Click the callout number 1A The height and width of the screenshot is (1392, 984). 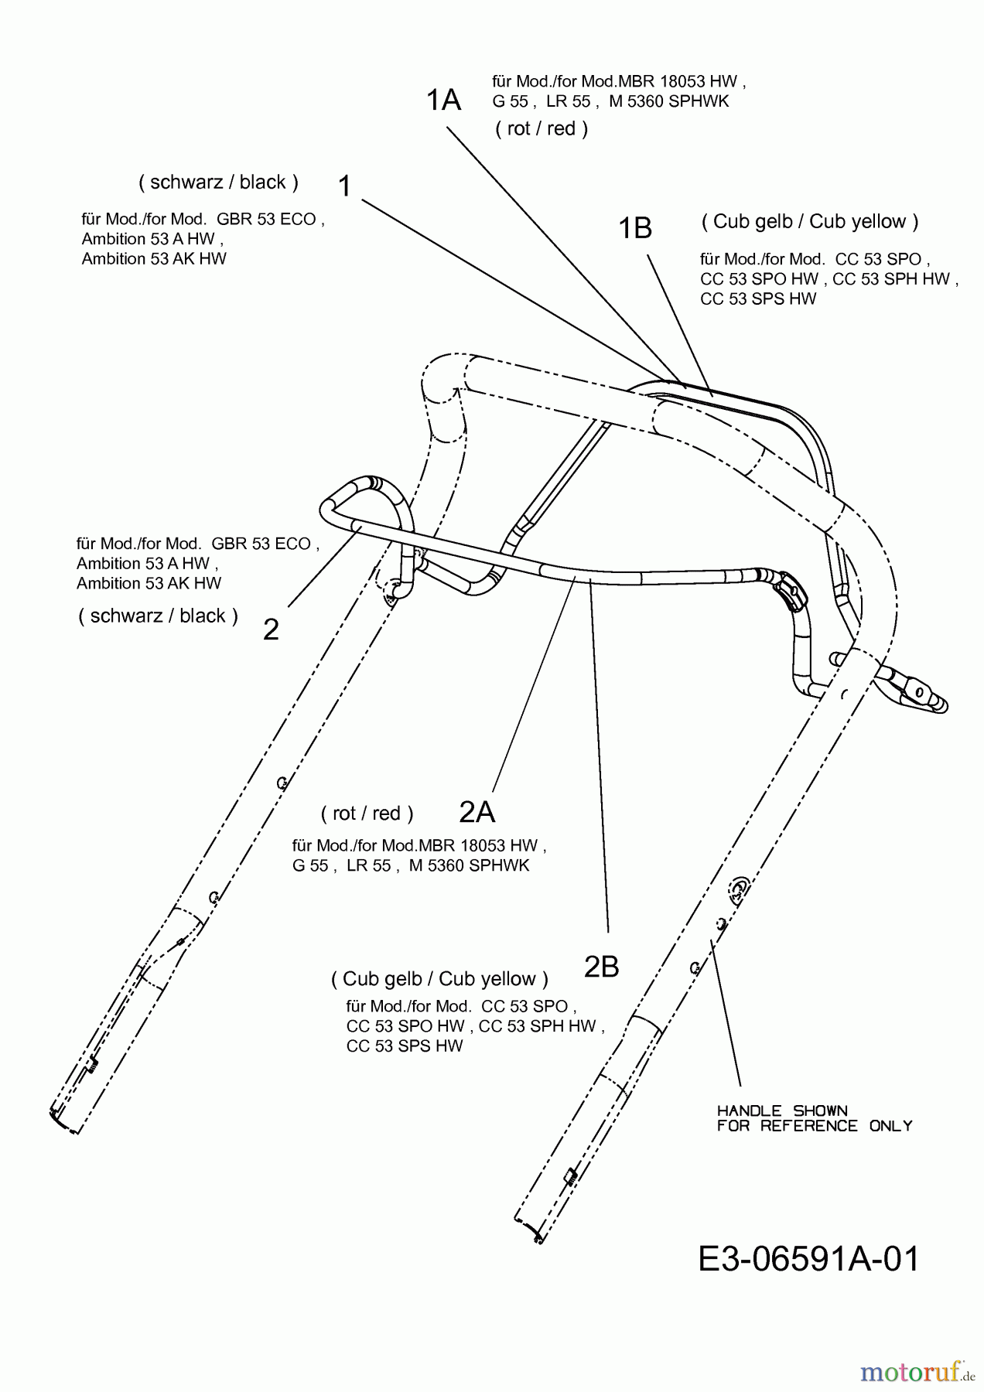(444, 101)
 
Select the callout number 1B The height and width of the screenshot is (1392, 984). (635, 229)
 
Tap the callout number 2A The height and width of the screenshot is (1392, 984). (477, 812)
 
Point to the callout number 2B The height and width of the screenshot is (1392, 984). (601, 967)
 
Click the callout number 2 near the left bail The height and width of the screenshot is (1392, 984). (271, 630)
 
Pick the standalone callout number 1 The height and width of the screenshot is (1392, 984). (345, 186)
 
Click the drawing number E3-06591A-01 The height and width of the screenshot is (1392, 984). (808, 1260)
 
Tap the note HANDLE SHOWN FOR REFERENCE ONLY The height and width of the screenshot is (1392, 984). (814, 1119)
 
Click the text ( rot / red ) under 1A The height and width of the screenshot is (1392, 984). (542, 129)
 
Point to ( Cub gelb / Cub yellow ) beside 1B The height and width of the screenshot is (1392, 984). (810, 222)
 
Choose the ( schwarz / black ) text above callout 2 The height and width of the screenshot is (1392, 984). (158, 616)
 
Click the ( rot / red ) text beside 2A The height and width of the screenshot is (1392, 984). (367, 814)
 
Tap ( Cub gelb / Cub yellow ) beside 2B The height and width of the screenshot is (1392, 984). (439, 979)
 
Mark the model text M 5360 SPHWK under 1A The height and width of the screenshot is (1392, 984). (669, 101)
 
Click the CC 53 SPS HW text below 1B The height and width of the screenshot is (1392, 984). (758, 299)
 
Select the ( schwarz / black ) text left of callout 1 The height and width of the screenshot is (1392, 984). (218, 183)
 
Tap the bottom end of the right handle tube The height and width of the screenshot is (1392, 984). (529, 1229)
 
